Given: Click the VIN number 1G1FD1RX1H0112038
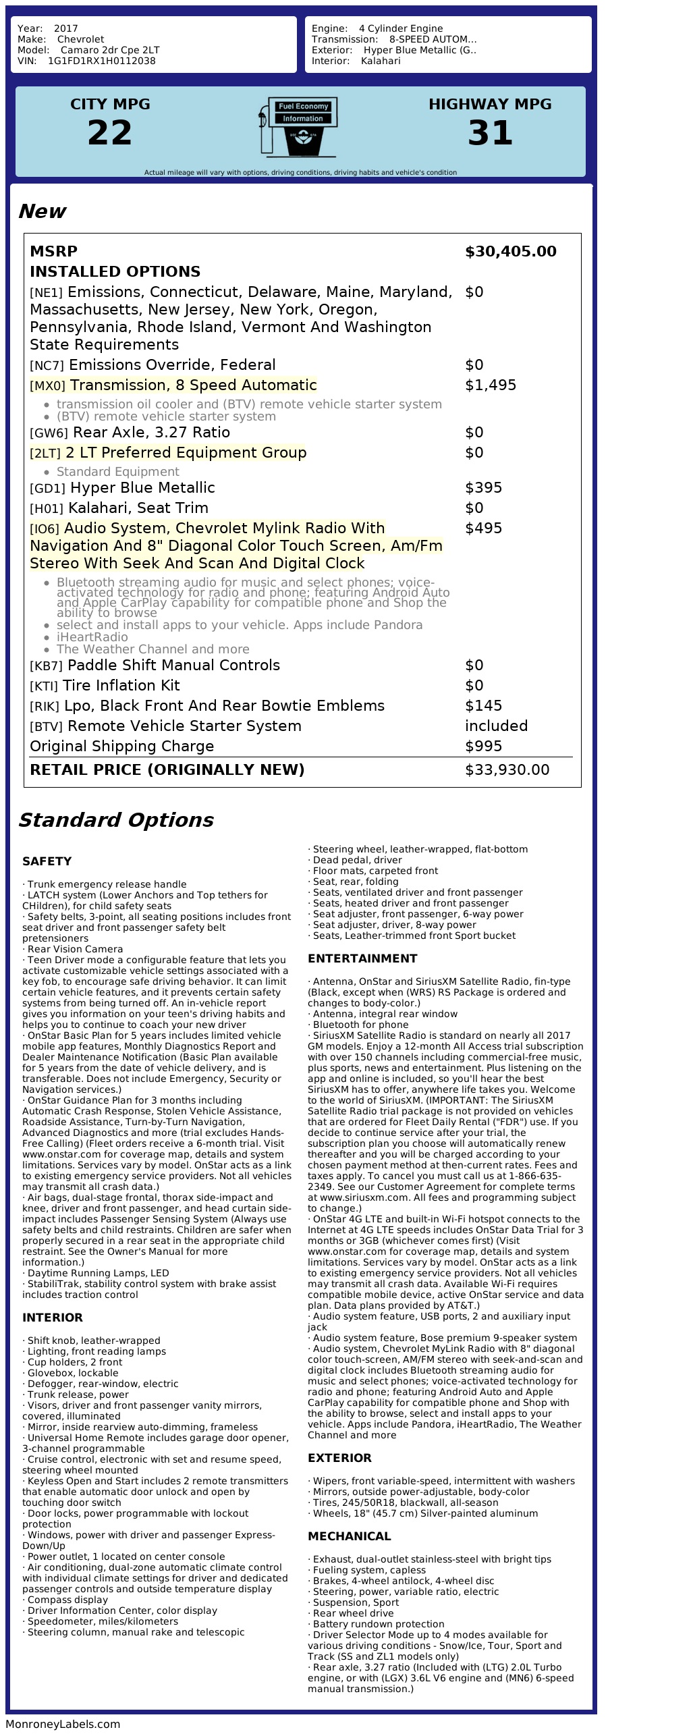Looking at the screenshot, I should pos(101,61).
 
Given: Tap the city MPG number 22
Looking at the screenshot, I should pos(110,132).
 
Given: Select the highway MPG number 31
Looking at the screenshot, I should pos(490,132).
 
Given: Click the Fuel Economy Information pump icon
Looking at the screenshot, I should pos(298,127).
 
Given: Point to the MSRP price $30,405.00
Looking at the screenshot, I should pos(510,252).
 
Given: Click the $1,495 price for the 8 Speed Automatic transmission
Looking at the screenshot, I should pos(491,385).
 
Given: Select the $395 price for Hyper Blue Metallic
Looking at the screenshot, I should pos(483,488).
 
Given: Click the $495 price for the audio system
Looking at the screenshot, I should pos(483,528).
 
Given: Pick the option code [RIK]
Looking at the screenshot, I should pos(45,707).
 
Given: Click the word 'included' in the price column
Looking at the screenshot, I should pos(496,726).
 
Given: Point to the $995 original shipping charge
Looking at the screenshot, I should pos(483,747).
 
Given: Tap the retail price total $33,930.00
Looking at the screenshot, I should pos(507,770).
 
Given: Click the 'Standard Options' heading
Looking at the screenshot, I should pos(115,820).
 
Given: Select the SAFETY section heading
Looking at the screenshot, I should pos(47,861).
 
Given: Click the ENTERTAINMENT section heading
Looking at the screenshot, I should pos(362,958).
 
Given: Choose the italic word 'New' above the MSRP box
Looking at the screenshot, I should pos(42,211).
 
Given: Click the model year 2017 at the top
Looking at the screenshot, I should pos(65,28).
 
